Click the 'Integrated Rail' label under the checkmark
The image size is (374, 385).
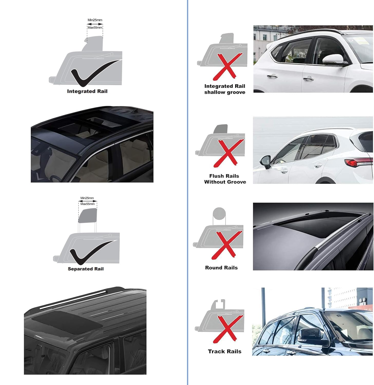click(87, 91)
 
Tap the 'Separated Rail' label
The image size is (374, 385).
click(85, 269)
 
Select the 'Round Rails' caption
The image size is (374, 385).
click(221, 268)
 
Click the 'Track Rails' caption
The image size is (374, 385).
click(225, 351)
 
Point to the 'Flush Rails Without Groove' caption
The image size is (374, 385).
click(225, 179)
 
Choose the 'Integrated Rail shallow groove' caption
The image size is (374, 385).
click(225, 89)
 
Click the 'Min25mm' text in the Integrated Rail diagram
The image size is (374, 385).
click(95, 20)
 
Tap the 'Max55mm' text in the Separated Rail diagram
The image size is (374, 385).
click(88, 204)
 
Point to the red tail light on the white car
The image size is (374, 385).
click(358, 162)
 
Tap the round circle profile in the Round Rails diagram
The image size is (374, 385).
click(219, 214)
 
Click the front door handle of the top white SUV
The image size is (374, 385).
click(308, 79)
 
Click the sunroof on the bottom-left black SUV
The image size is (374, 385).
click(67, 322)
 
